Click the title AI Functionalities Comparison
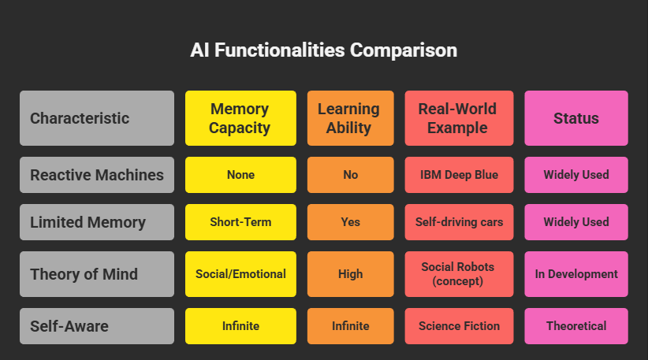[323, 50]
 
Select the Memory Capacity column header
[240, 118]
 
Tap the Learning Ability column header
[350, 118]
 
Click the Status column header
[575, 118]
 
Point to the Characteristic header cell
[96, 118]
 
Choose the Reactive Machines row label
[96, 175]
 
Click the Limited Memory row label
[96, 222]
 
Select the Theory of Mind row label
[96, 274]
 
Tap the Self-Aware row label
[96, 325]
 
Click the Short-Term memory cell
[240, 222]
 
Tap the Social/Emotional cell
[240, 274]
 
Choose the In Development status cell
[575, 274]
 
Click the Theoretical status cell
[575, 325]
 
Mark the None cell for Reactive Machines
[240, 175]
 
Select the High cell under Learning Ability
[350, 274]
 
